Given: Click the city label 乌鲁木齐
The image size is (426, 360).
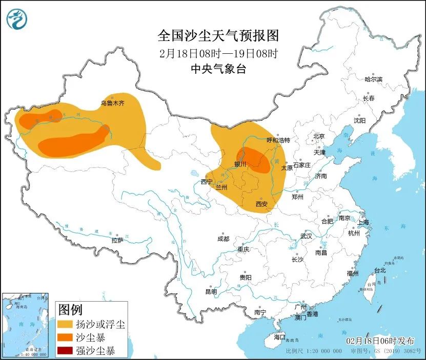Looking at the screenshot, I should (112, 103).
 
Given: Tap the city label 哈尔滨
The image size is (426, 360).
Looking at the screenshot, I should (373, 79).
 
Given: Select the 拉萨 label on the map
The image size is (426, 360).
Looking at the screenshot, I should (117, 240).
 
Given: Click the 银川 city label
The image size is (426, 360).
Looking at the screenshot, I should (240, 164).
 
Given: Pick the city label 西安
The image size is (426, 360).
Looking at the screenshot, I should (261, 204).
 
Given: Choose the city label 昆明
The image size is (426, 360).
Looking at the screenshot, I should (211, 291).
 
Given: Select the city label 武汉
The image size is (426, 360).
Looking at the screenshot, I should (306, 237).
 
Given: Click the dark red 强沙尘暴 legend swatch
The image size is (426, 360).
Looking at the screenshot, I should (65, 351).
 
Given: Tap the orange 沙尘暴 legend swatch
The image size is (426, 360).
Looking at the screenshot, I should (65, 337).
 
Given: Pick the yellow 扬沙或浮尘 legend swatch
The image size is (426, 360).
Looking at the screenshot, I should (65, 324).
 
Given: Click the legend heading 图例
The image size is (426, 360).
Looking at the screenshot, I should (70, 309).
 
